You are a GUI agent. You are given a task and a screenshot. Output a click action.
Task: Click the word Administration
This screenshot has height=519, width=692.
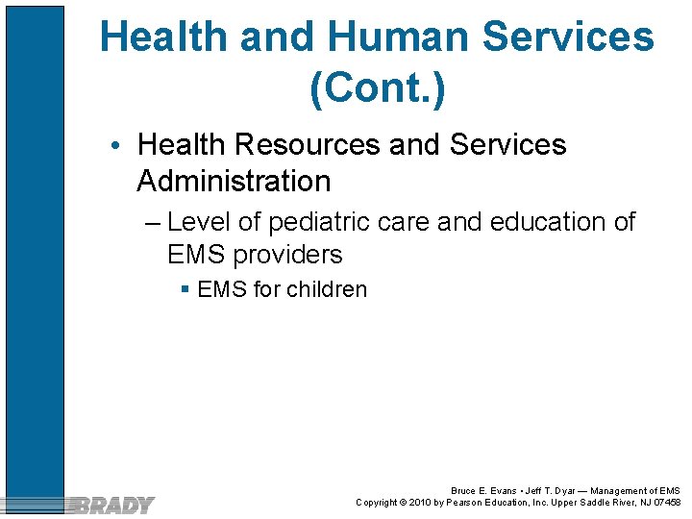234,181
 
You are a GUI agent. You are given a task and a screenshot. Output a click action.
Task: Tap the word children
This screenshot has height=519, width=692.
327,289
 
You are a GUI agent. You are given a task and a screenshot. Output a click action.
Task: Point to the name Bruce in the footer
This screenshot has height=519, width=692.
465,491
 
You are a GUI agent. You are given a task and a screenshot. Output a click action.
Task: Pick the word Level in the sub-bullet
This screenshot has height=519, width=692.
200,222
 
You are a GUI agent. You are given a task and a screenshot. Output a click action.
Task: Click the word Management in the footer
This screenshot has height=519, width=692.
615,491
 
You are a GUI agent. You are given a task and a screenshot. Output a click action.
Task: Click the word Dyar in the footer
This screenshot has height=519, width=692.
572,491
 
